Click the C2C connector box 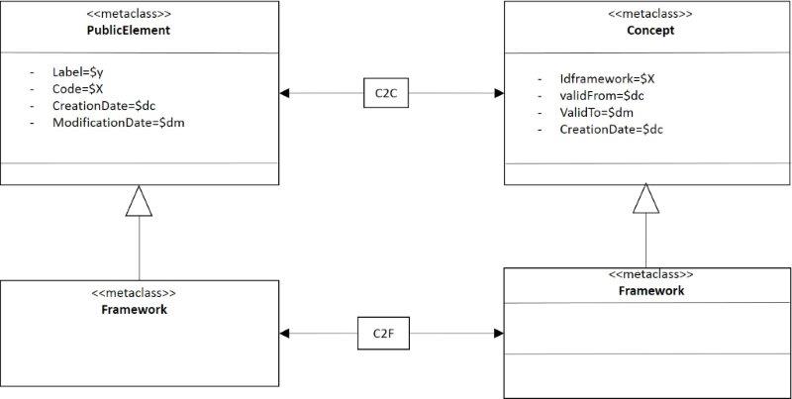tap(386, 93)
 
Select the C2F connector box tap(383, 334)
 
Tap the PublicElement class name tap(129, 31)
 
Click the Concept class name tap(650, 31)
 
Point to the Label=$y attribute tap(78, 72)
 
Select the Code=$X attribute tap(78, 89)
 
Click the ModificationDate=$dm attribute tap(118, 122)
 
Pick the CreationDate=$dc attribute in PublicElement tap(104, 106)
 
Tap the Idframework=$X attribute tap(607, 79)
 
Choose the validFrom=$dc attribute tap(602, 95)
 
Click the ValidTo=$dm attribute tap(597, 112)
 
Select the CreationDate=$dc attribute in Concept tap(611, 130)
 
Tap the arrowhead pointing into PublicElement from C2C tap(284, 93)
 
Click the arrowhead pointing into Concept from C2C tap(499, 93)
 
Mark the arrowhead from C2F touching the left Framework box tap(284, 334)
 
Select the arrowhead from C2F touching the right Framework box tap(499, 334)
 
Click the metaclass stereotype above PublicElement tap(129, 14)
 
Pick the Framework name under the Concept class tap(651, 291)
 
